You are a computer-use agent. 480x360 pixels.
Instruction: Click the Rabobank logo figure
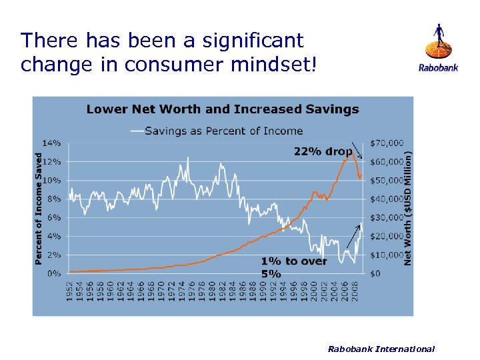tap(438, 41)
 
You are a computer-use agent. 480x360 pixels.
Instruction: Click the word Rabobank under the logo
tap(438, 67)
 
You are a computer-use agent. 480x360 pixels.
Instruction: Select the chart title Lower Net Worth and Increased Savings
tap(223, 109)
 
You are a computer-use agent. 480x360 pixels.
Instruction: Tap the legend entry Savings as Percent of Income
tap(224, 131)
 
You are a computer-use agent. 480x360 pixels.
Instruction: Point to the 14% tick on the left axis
tap(52, 143)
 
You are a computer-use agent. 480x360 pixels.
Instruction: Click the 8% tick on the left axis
tap(54, 199)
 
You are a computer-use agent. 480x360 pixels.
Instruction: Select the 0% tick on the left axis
tap(54, 273)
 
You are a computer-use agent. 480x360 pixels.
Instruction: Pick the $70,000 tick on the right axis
tap(387, 143)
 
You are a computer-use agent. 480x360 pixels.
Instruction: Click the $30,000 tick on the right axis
tap(387, 217)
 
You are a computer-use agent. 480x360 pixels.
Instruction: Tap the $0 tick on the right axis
tap(375, 273)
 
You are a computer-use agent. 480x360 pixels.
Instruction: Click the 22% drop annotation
tap(323, 151)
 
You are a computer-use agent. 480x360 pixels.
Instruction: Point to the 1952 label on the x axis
tap(70, 292)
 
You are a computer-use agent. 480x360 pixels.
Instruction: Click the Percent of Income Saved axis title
tap(39, 208)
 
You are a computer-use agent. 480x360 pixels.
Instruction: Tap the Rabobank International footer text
tap(381, 349)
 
